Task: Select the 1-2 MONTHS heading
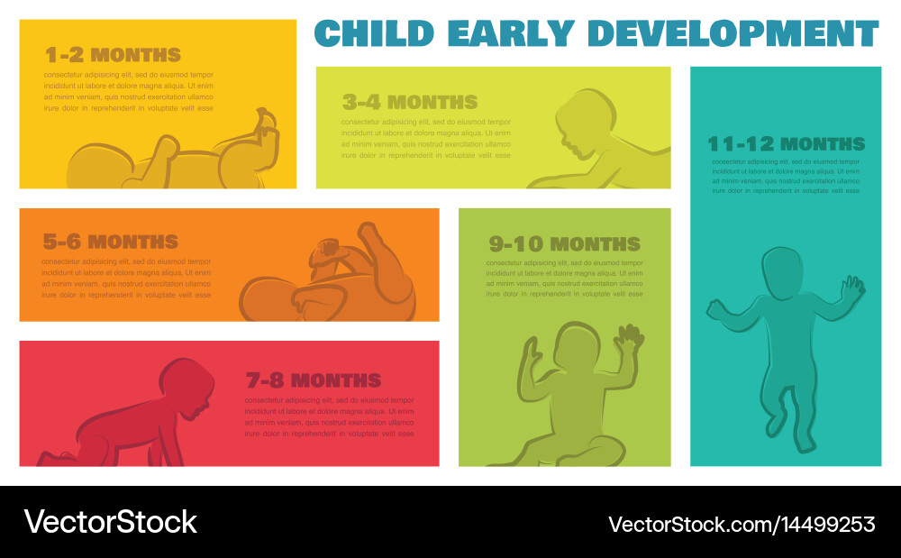pyautogui.click(x=113, y=55)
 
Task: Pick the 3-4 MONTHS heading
pyautogui.click(x=410, y=103)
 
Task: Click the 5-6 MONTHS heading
pyautogui.click(x=110, y=242)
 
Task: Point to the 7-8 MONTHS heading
pyautogui.click(x=314, y=380)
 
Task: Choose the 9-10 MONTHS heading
pyautogui.click(x=565, y=244)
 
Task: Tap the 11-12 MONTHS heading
pyautogui.click(x=786, y=144)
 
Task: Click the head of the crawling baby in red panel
pyautogui.click(x=188, y=387)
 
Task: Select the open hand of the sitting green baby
pyautogui.click(x=630, y=341)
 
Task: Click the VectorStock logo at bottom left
pyautogui.click(x=110, y=522)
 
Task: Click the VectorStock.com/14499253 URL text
pyautogui.click(x=742, y=524)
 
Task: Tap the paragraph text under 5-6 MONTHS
pyautogui.click(x=126, y=279)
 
